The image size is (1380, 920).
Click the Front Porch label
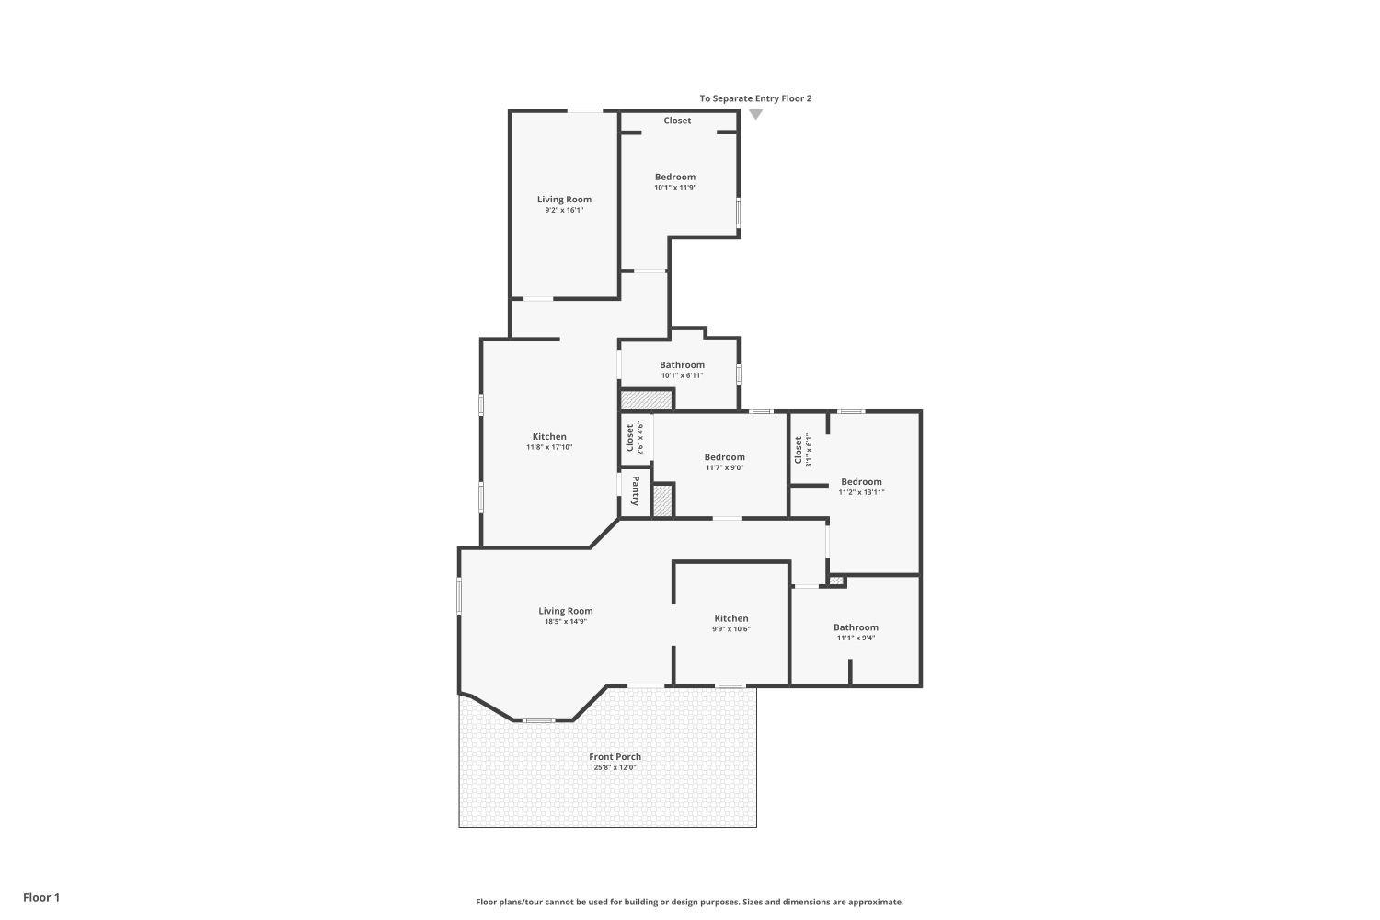click(x=615, y=757)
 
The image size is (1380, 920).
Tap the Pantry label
click(x=635, y=491)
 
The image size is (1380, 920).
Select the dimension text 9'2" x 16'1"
click(x=564, y=210)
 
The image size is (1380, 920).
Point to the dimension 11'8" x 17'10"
click(x=549, y=447)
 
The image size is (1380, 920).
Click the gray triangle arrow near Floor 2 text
click(x=756, y=114)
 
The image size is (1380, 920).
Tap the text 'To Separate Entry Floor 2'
click(x=755, y=98)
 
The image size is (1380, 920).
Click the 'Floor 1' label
click(x=41, y=897)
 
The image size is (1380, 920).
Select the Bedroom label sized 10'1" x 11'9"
click(x=675, y=177)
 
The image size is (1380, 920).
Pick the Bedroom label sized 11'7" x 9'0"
click(x=725, y=457)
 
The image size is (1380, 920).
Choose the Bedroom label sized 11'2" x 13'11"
click(x=861, y=482)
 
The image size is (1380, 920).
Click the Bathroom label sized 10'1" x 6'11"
click(x=682, y=365)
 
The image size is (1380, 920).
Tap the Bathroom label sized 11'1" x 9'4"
click(x=857, y=627)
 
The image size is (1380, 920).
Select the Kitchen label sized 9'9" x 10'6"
click(x=731, y=618)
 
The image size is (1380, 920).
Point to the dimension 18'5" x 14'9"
click(x=566, y=622)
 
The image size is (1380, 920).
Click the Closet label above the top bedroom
click(x=677, y=121)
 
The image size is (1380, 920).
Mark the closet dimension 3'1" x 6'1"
click(x=809, y=451)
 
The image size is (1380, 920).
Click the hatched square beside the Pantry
click(x=662, y=501)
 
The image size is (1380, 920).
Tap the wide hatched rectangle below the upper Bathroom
click(x=646, y=400)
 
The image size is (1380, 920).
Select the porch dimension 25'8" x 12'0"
click(x=615, y=768)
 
